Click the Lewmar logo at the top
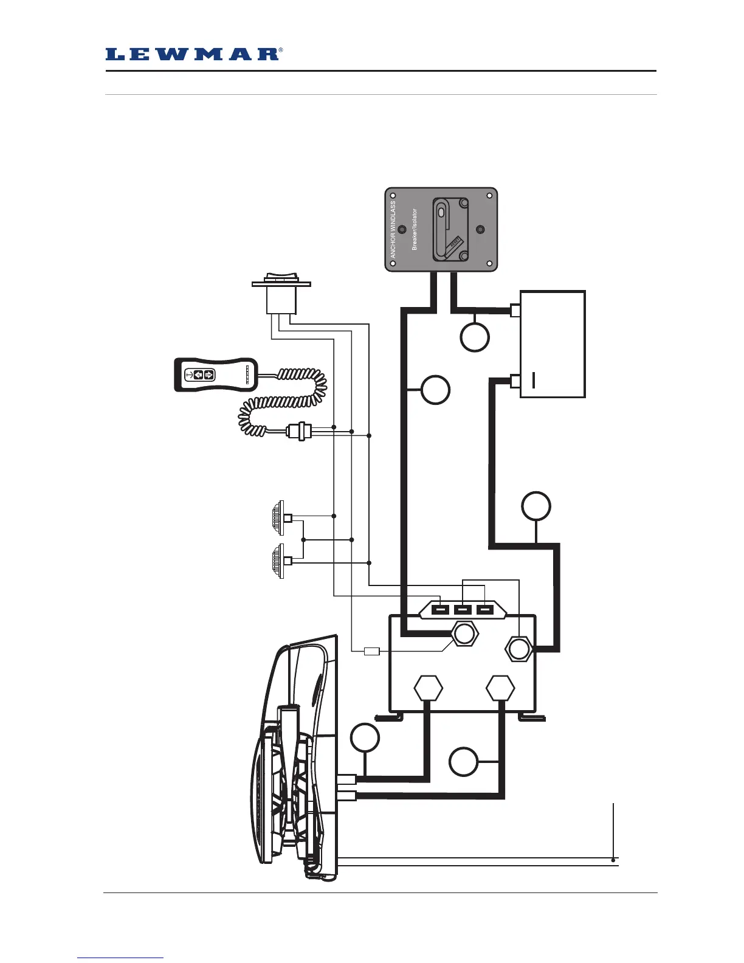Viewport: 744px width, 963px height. coord(191,55)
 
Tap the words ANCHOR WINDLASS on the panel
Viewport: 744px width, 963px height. coord(393,230)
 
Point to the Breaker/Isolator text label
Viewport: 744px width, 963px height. coord(415,230)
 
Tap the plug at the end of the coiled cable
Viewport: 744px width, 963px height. coord(299,432)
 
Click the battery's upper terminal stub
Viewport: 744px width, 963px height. coord(515,311)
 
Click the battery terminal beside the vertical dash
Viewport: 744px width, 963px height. coord(515,381)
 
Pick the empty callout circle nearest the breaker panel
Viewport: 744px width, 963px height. coord(474,337)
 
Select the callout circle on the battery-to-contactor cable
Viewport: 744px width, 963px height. coord(536,506)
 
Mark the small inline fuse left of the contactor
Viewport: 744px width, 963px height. coord(371,652)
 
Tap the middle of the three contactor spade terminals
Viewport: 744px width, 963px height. coord(463,610)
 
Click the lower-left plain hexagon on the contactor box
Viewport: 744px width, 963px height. coord(428,689)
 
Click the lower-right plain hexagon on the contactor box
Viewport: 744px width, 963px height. coord(501,689)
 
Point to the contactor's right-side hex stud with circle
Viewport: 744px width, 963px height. coord(518,649)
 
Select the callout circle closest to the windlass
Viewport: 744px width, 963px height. coord(365,738)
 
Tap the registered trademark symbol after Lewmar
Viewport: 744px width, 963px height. coord(280,50)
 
